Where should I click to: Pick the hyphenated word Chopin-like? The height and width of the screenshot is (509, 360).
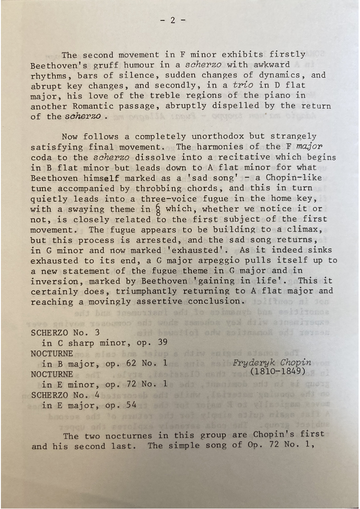283,178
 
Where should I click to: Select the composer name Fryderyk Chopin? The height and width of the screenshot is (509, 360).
272,362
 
